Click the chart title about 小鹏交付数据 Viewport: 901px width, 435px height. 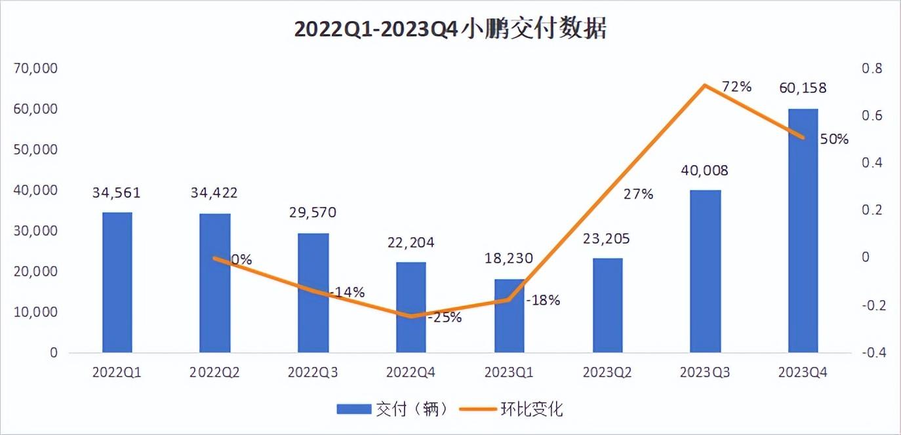pos(450,29)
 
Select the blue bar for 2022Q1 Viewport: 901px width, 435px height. pos(117,282)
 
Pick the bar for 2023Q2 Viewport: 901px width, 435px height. pos(608,305)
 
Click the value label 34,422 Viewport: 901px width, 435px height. pos(215,193)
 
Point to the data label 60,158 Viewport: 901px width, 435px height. pos(803,88)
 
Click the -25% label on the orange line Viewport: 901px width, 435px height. pos(445,318)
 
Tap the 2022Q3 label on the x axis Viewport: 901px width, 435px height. pos(313,373)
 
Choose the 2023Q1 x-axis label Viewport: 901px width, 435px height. pos(510,373)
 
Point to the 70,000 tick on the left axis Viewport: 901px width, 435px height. pos(35,68)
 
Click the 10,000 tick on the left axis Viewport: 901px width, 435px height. pos(35,312)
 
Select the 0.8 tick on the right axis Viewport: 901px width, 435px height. pos(871,68)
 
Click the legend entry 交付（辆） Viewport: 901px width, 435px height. pos(392,409)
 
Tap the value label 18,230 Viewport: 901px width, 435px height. pos(509,258)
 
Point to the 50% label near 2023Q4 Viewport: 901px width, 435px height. pos(833,139)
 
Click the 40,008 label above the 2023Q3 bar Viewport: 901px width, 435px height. pos(705,171)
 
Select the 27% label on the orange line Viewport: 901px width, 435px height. pos(638,195)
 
